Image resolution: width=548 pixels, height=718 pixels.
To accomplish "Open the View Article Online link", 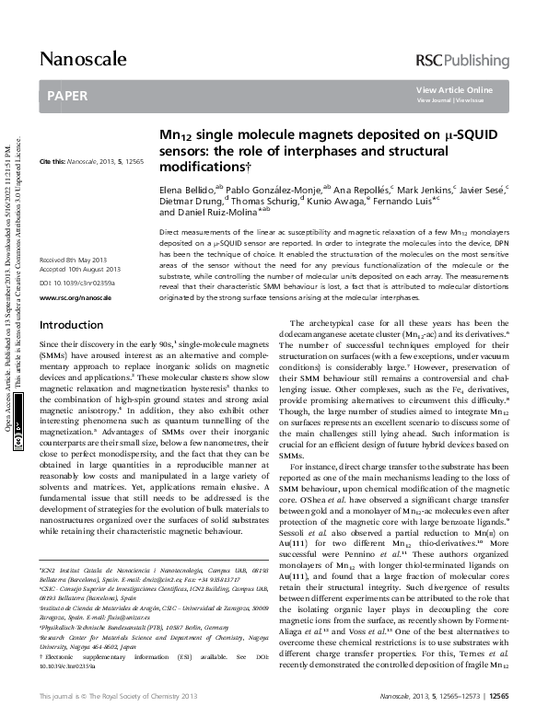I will [454, 89].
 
